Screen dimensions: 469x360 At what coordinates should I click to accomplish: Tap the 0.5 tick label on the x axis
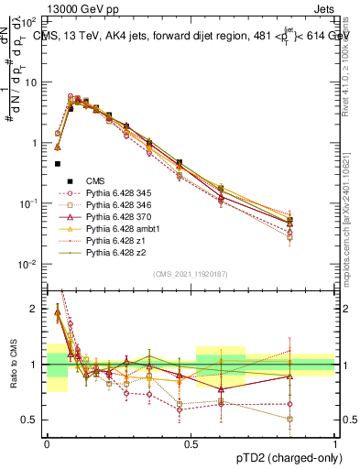coord(191,442)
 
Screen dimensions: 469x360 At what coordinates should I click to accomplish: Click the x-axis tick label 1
coord(335,442)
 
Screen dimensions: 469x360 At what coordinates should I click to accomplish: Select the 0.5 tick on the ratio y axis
coord(33,420)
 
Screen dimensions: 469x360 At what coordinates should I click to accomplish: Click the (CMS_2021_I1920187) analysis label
coord(191,274)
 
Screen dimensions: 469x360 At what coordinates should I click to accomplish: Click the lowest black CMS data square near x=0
coord(58,164)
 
